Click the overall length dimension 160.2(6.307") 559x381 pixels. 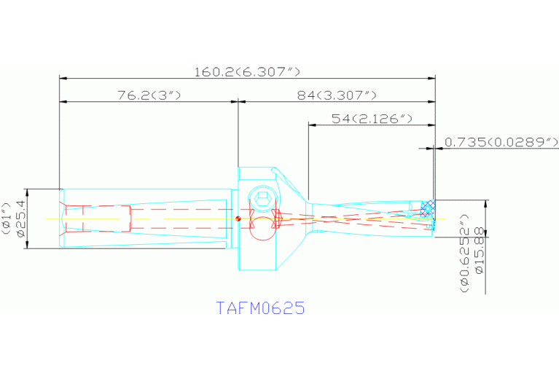pos(247,71)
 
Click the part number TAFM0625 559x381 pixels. pos(260,307)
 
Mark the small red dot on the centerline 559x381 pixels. pos(238,218)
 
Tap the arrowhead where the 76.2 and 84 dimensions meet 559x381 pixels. pos(238,101)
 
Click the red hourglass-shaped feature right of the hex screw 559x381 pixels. pos(277,219)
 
